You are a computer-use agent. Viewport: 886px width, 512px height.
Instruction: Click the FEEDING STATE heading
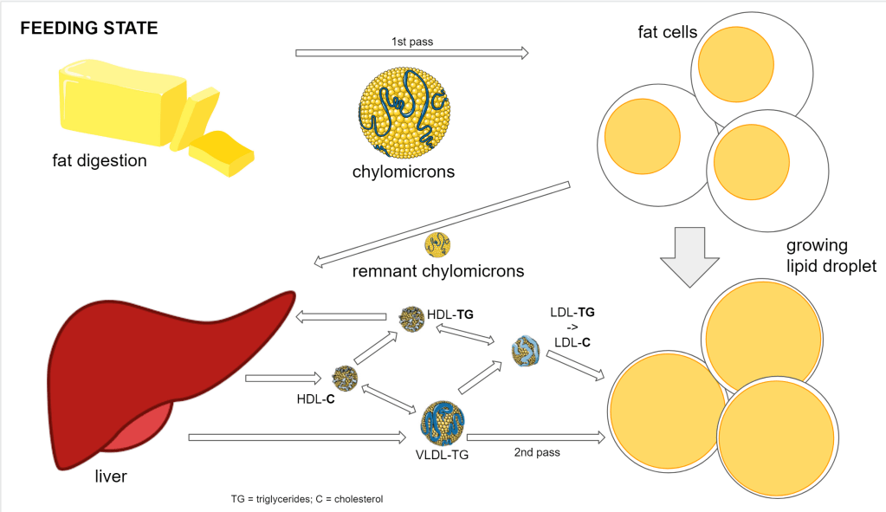point(88,29)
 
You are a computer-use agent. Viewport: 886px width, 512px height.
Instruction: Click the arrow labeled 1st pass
point(412,53)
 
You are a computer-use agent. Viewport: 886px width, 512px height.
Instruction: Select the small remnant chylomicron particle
point(437,245)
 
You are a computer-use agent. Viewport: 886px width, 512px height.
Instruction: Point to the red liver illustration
point(156,364)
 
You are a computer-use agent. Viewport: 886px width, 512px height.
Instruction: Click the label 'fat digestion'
point(98,160)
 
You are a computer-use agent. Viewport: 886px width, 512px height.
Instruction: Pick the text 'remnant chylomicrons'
point(438,271)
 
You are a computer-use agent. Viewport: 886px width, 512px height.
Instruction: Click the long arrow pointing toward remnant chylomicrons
point(442,223)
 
